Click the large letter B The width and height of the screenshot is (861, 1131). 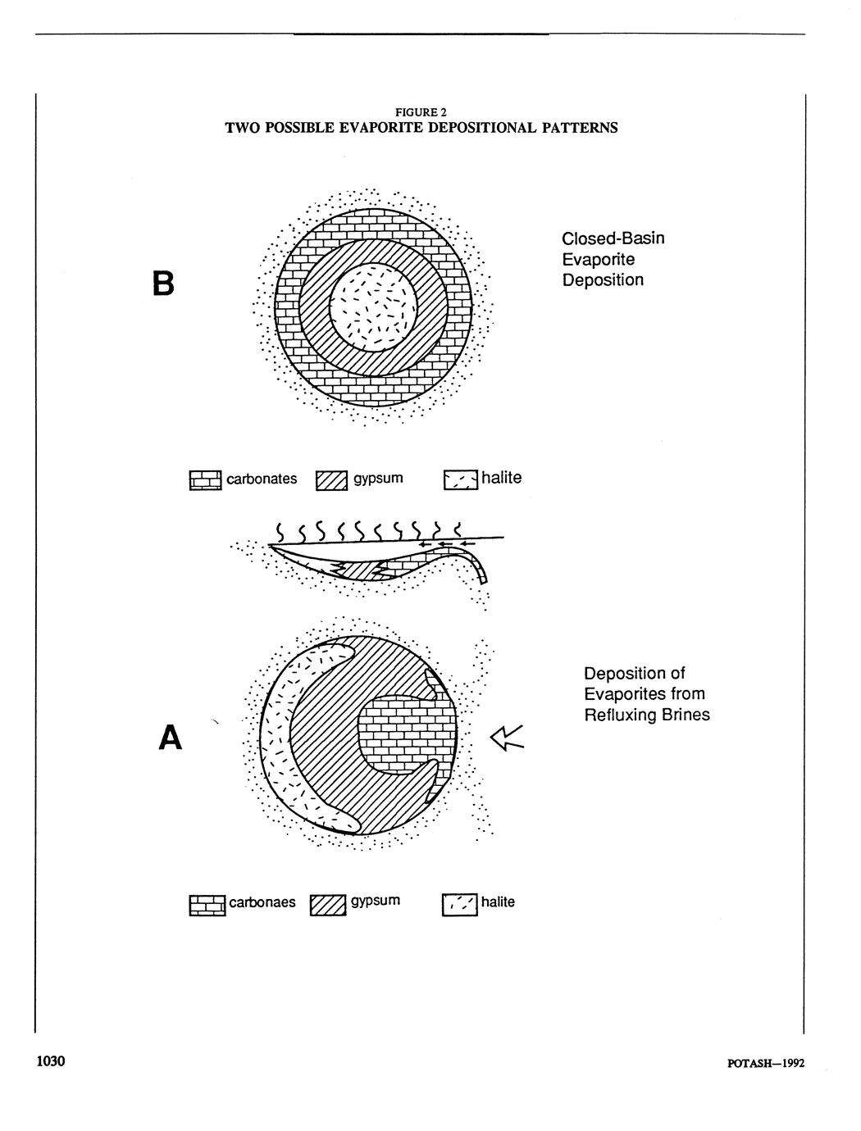(x=164, y=283)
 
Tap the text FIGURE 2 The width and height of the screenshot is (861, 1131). (x=421, y=111)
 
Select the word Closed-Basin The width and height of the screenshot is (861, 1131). (x=613, y=238)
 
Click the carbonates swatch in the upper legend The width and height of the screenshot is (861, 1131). (x=205, y=480)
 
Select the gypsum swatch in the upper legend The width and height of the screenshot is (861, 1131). (x=331, y=480)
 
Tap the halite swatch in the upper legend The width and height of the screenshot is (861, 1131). (x=460, y=479)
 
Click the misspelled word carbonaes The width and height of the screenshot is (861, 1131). (x=262, y=902)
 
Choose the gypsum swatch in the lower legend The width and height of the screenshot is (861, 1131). (x=328, y=905)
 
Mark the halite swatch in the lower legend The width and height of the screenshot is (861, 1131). (x=458, y=904)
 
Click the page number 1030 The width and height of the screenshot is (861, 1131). (x=49, y=1062)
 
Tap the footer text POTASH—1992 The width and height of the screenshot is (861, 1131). (x=766, y=1064)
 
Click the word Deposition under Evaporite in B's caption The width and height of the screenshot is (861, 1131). (x=602, y=280)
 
